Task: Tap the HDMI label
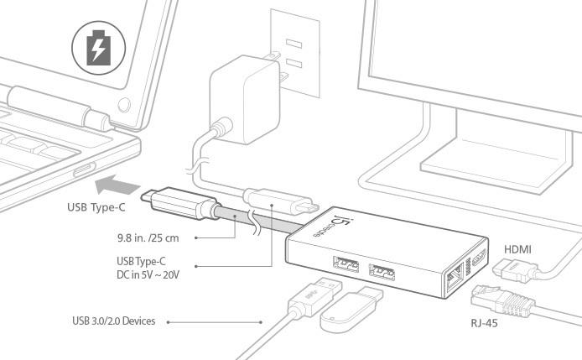click(x=517, y=249)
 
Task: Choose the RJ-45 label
click(x=489, y=321)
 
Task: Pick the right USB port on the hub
click(x=382, y=272)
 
